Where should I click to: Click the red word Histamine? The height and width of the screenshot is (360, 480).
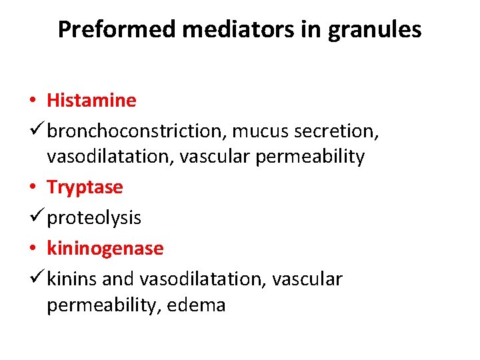coord(91,101)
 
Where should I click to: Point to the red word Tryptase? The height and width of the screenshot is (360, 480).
coord(85,187)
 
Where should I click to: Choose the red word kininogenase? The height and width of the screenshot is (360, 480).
coord(105,248)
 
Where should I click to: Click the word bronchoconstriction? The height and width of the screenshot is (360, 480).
coord(136,131)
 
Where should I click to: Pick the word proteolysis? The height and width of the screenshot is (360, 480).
coord(94,218)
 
